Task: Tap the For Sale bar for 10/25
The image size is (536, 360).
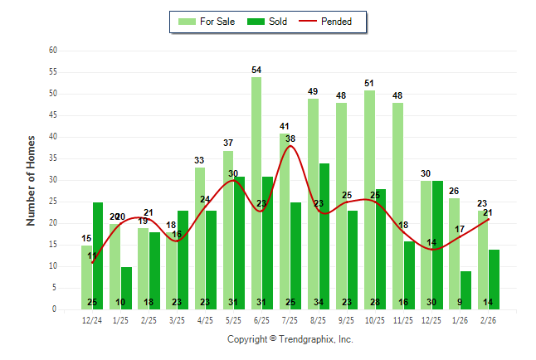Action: pos(369,199)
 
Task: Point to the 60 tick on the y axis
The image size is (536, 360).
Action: pos(52,51)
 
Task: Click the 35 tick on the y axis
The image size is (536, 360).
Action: pos(52,158)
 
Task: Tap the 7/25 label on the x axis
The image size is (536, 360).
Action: pos(290,320)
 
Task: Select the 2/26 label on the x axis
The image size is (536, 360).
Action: pos(488,320)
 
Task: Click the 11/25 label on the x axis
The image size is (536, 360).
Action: pos(403,320)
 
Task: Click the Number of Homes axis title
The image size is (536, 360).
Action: pos(32,180)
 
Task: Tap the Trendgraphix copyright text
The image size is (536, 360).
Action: pos(290,339)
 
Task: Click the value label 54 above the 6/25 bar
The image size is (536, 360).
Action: pos(256,70)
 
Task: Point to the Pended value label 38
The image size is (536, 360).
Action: pos(291,139)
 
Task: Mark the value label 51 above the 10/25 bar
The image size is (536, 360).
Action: pos(369,83)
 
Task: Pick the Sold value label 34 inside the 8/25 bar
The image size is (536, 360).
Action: pos(324,302)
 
